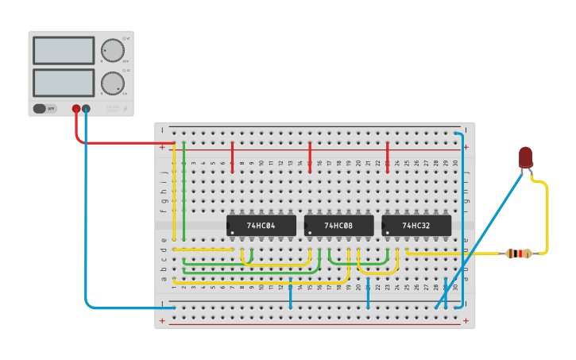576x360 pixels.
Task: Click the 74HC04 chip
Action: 261,225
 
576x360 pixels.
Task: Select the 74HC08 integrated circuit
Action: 338,225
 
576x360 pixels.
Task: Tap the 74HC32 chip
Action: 416,225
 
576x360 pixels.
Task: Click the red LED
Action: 525,157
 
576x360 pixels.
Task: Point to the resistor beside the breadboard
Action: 518,254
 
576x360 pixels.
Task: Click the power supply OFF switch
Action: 45,108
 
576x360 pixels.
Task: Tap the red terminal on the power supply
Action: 76,109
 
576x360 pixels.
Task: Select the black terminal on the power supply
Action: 86,109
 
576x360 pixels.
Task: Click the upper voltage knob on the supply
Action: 113,50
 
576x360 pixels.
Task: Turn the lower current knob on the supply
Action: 113,82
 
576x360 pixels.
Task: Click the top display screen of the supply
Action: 64,50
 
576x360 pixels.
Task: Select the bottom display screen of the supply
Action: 64,82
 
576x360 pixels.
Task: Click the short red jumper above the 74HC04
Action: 232,157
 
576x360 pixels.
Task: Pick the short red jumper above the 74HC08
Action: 310,157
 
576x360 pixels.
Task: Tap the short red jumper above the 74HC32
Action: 388,157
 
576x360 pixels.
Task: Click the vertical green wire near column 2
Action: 184,191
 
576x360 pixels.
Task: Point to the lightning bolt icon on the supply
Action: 124,109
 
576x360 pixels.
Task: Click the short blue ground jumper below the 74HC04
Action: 291,295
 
